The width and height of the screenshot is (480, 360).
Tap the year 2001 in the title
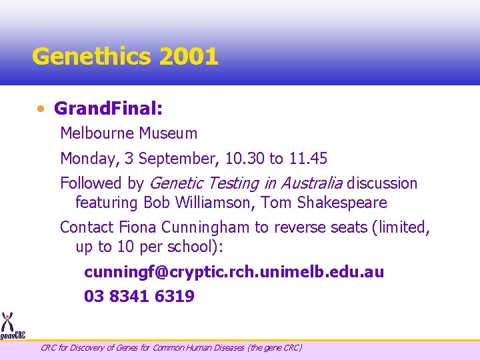click(x=189, y=57)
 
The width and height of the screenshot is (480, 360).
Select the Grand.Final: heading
click(x=109, y=107)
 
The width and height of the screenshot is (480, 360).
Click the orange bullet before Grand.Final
click(x=42, y=108)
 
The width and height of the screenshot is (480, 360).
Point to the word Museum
click(x=168, y=133)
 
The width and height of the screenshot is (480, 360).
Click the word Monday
click(x=85, y=159)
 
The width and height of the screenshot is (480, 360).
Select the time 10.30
click(x=245, y=159)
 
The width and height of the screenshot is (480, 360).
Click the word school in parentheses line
click(x=197, y=247)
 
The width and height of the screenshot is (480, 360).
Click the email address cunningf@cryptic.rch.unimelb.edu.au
click(x=234, y=273)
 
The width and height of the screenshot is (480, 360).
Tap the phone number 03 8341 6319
click(x=139, y=297)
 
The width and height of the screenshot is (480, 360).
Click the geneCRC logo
click(x=11, y=327)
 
